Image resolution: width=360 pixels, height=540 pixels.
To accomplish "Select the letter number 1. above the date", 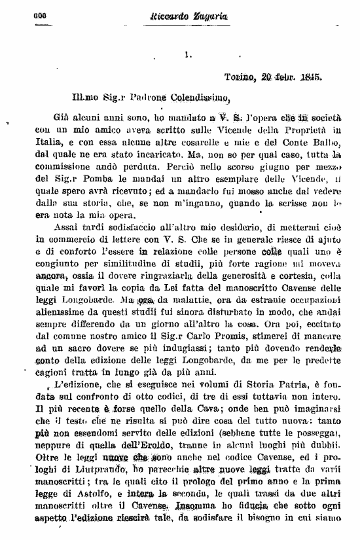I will click(x=188, y=56).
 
